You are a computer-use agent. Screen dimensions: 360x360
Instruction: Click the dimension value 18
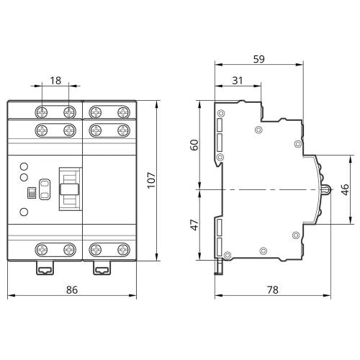pos(55,81)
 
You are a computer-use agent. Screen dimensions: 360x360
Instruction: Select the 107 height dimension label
pos(151,180)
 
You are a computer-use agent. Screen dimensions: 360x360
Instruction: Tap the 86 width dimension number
pos(72,290)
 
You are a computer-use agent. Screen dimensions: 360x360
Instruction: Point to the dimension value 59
pos(259,59)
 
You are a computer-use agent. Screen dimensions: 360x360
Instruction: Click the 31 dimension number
pos(238,81)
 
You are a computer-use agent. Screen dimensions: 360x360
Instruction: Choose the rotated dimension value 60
pos(194,145)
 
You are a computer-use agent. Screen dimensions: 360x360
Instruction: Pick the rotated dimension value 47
pos(194,225)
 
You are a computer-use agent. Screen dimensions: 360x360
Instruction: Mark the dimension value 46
pos(345,189)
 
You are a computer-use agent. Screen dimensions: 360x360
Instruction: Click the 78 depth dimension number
pos(273,290)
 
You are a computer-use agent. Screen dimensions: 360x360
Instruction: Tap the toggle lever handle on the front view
pos(69,189)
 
